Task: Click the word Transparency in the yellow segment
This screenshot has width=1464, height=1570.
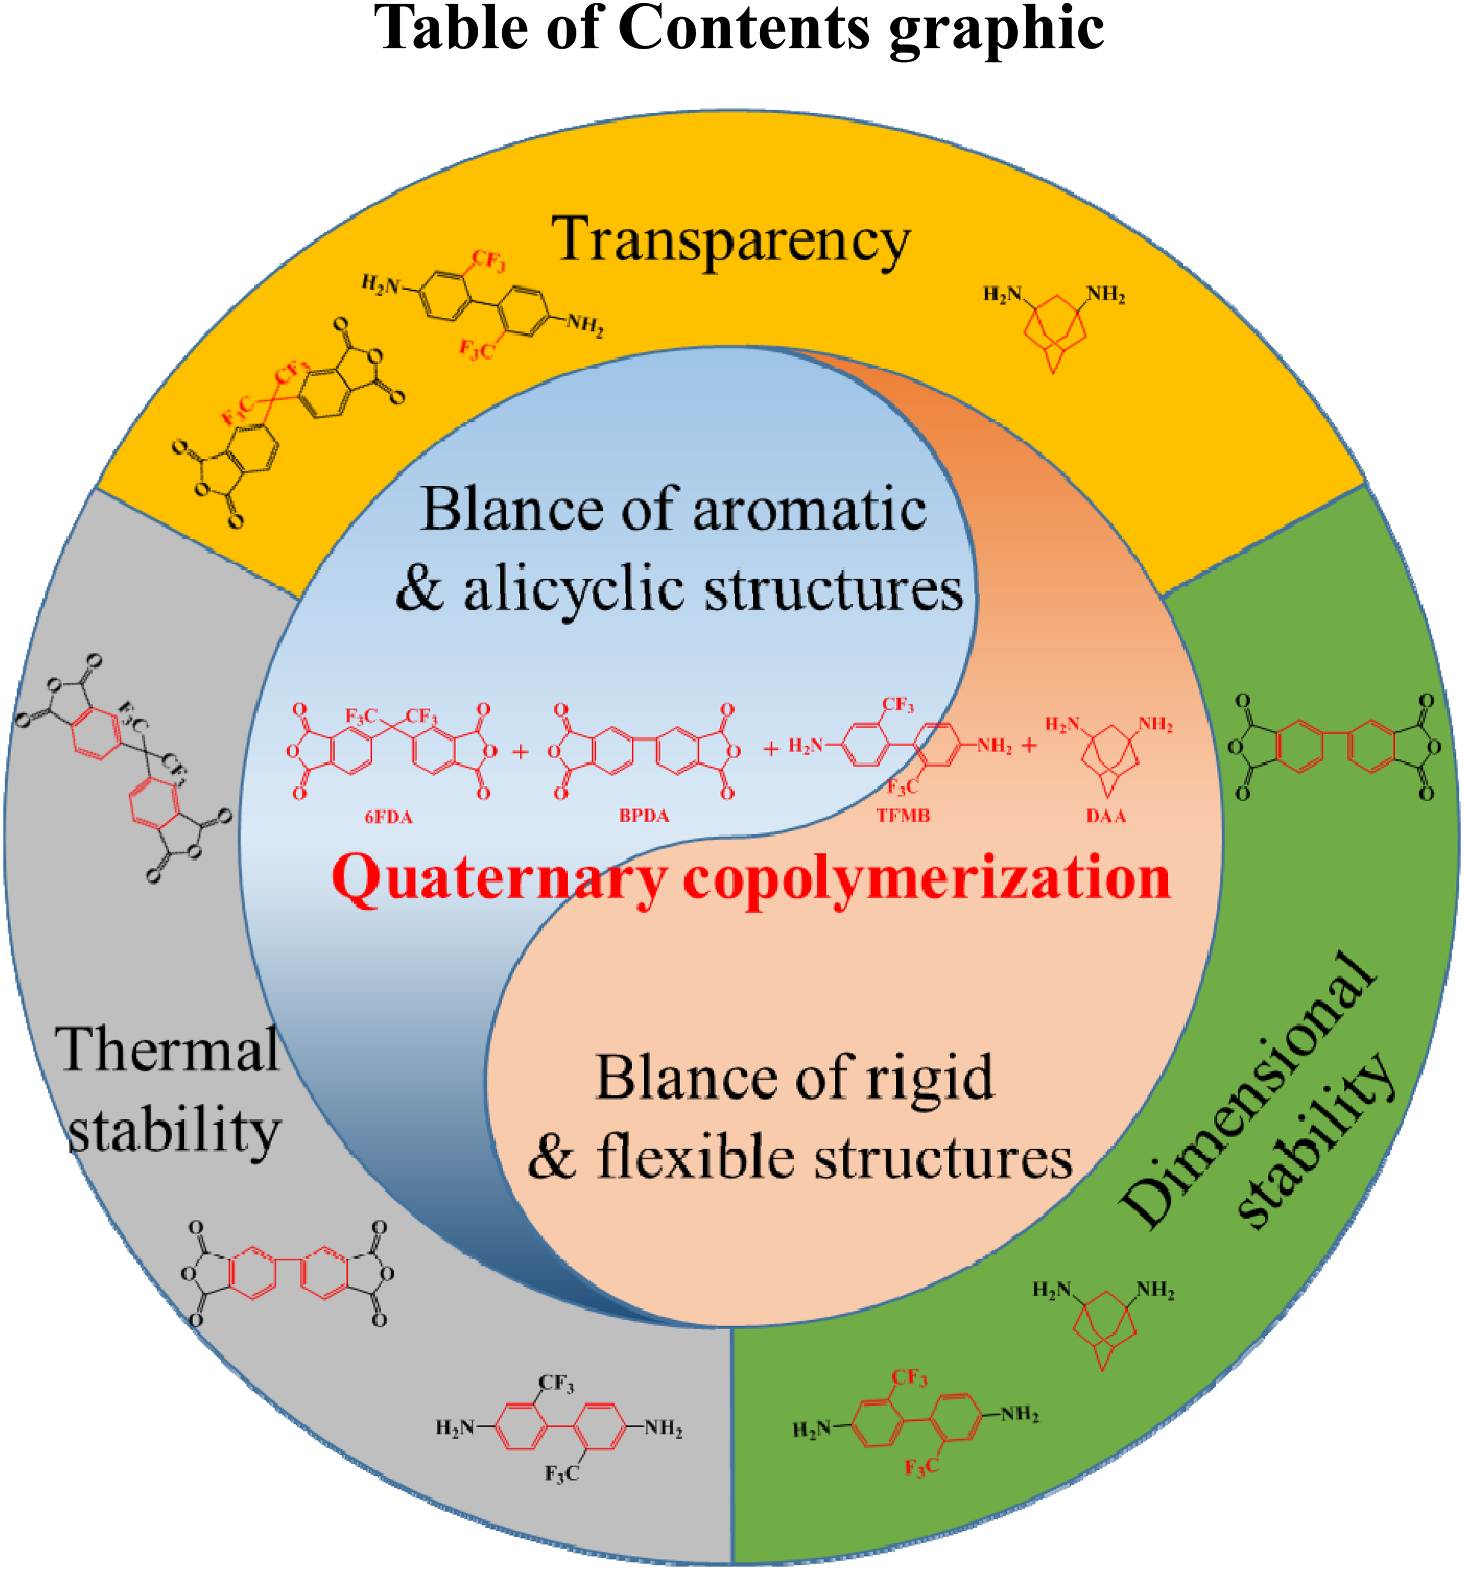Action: tap(731, 241)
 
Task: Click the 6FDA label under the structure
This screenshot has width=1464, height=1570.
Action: tap(388, 816)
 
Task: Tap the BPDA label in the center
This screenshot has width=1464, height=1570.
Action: tap(644, 816)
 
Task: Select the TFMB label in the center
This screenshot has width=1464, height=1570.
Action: tap(903, 816)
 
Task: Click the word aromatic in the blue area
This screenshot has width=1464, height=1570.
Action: tap(809, 509)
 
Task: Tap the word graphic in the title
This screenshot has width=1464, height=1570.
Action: tap(996, 32)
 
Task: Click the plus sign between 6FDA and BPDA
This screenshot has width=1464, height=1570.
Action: tap(520, 752)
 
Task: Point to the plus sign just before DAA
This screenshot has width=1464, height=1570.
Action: tap(1028, 746)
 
